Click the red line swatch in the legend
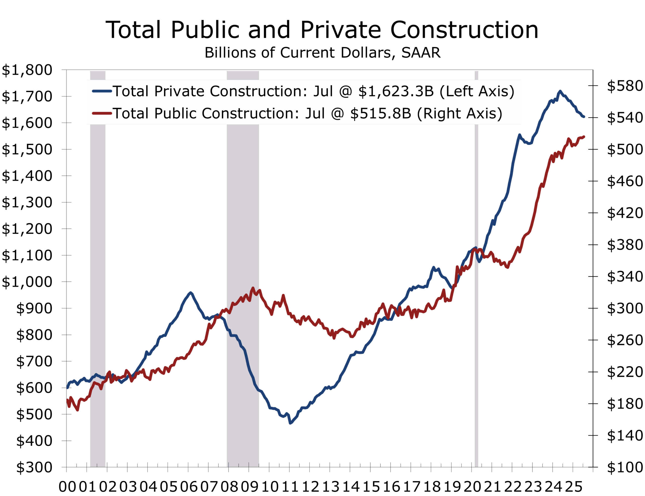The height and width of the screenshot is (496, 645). tap(102, 113)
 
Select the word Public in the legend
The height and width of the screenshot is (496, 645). tap(175, 113)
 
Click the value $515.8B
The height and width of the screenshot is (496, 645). tap(380, 113)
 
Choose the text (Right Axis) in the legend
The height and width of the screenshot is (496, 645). tap(460, 113)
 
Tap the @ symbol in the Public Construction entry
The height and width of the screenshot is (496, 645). tap(338, 113)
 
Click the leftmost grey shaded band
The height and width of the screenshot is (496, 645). tap(98, 266)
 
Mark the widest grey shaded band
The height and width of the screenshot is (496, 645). tap(243, 266)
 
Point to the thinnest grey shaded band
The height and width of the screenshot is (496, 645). tap(476, 266)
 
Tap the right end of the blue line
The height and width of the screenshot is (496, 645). tap(584, 117)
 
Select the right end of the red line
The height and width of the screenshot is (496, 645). tap(584, 137)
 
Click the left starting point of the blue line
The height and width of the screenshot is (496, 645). tap(68, 388)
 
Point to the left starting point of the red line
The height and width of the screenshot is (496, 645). tap(68, 400)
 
